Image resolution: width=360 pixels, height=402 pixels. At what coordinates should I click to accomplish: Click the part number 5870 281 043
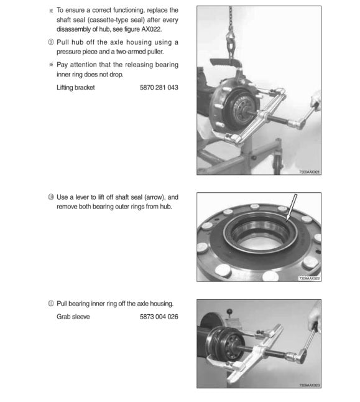[159, 87]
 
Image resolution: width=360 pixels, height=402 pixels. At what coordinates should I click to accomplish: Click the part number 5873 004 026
[159, 317]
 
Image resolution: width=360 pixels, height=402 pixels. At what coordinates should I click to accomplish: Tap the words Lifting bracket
[76, 88]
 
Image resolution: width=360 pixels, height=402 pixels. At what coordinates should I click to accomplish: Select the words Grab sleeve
[73, 317]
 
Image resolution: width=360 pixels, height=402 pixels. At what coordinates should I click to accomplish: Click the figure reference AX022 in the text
[151, 29]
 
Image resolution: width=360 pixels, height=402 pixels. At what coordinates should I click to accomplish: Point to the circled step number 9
[51, 42]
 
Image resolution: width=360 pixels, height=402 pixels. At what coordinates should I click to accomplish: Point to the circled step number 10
[51, 197]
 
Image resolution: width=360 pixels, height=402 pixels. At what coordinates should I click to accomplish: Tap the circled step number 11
[51, 304]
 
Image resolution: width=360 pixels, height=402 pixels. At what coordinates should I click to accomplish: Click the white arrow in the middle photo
[292, 207]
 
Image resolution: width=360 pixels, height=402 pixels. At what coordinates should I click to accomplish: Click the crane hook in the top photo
[231, 42]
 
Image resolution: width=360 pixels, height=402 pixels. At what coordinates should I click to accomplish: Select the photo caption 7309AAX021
[309, 172]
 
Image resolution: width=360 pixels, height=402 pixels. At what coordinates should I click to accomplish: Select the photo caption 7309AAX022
[309, 278]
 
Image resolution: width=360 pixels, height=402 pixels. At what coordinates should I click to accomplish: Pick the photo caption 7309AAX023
[309, 385]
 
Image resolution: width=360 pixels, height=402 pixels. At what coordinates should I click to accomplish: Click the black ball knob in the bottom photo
[229, 312]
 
